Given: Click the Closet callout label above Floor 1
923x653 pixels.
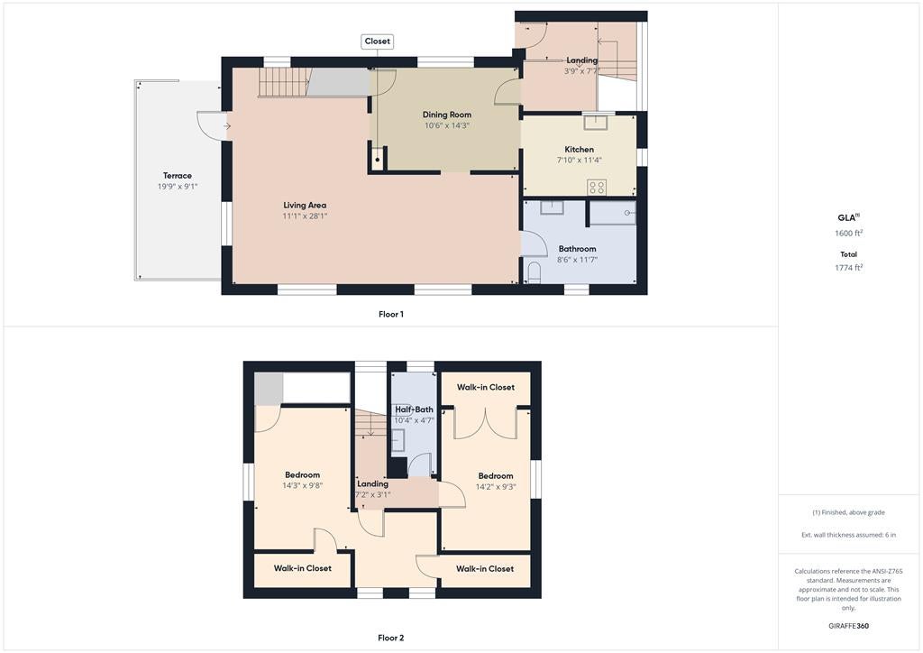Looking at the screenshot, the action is coord(378,41).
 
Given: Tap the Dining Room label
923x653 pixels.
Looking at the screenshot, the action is coord(447,115).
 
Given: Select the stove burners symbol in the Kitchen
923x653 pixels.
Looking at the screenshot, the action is coord(597,188).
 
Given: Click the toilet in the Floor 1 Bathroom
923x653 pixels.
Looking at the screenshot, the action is coord(535,273).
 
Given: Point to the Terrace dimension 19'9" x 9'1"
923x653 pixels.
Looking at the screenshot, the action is coord(178,187).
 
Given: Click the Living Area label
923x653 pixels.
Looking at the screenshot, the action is coord(305,205).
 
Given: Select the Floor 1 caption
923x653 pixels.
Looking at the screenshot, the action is coord(391,315).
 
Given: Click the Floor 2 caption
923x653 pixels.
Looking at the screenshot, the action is coord(391,638).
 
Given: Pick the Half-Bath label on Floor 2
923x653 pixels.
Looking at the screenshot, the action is coord(414,409).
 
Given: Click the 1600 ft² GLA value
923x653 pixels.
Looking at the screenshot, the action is coord(849,233).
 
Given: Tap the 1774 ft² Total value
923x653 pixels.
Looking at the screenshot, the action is coord(849,267).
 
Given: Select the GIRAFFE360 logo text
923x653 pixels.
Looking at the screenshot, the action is coord(849,626).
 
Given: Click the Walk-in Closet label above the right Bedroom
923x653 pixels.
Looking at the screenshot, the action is coord(486,388).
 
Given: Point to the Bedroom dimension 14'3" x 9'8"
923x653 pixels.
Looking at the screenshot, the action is coord(303,486).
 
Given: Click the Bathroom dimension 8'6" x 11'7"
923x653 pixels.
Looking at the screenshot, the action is coord(578,260).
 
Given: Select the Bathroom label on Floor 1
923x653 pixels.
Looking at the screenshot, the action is coord(578,249).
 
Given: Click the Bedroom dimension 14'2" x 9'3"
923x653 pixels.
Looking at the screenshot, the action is coord(496,487).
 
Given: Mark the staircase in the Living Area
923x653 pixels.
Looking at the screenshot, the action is coord(284,82).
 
